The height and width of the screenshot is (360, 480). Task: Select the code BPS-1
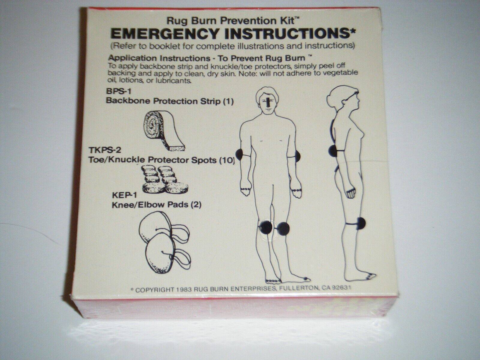click(x=118, y=91)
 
